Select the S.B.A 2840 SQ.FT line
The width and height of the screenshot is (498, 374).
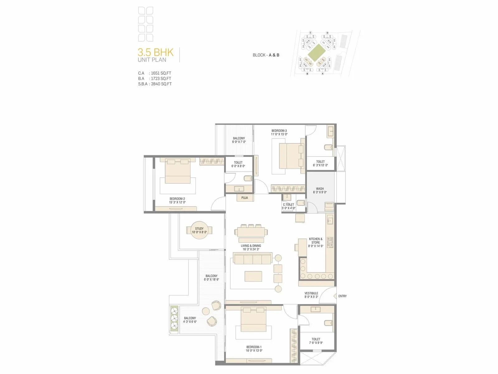coord(155,84)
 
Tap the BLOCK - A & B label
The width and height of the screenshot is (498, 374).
coord(266,55)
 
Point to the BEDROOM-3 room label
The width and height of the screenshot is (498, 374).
coord(279,131)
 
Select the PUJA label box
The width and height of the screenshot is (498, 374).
coord(245,198)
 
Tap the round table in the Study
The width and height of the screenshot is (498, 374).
coord(199,230)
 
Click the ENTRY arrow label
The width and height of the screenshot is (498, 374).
coord(342,296)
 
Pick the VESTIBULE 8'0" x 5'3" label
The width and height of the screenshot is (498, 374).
coord(311,295)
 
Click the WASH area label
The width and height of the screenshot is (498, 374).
coord(320,190)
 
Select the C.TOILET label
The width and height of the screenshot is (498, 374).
coord(289,206)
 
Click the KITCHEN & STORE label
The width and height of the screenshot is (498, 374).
coord(316,242)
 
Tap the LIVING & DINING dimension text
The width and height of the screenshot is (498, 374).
coord(251,249)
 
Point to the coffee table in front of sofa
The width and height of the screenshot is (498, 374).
coord(253,276)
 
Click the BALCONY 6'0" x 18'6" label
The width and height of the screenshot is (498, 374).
coord(211,278)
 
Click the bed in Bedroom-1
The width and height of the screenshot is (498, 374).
coord(253,319)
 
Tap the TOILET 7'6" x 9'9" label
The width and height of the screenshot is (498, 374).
coord(316,341)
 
